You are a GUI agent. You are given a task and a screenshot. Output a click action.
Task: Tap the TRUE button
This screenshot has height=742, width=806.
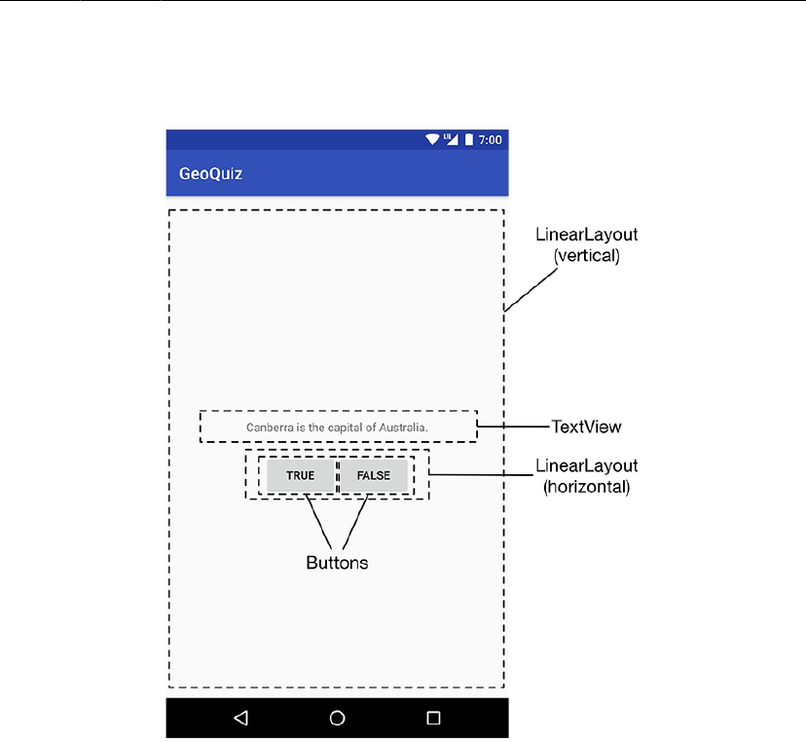(300, 475)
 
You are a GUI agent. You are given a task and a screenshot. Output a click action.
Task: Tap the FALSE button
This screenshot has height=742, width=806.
(373, 475)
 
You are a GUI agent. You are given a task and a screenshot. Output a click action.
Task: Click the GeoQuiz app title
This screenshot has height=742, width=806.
(210, 174)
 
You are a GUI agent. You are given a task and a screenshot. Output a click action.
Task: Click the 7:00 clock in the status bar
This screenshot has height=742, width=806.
(491, 140)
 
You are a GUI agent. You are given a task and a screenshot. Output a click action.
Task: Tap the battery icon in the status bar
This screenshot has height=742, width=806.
(468, 140)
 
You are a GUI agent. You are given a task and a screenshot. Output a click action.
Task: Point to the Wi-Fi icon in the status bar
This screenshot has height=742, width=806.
(432, 140)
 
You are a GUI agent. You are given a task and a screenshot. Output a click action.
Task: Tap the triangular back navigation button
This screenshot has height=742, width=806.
(240, 719)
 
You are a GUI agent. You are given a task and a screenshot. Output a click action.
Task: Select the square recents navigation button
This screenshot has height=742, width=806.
(433, 719)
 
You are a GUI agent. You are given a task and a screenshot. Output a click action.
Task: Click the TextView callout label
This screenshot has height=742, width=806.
(586, 427)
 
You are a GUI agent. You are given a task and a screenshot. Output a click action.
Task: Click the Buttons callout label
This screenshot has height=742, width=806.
(337, 563)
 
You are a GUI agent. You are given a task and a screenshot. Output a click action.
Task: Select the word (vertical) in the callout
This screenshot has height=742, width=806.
(587, 257)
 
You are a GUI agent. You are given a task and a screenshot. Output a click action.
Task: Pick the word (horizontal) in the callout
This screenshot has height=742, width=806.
(586, 487)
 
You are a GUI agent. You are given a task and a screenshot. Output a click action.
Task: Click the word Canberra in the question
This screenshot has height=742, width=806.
(268, 427)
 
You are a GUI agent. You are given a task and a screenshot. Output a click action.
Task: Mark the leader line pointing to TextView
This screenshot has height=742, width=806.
(513, 426)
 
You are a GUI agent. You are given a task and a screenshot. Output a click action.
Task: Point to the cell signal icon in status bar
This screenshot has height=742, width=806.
(451, 140)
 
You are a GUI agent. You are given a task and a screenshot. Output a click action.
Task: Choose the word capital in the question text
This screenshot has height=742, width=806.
(340, 427)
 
